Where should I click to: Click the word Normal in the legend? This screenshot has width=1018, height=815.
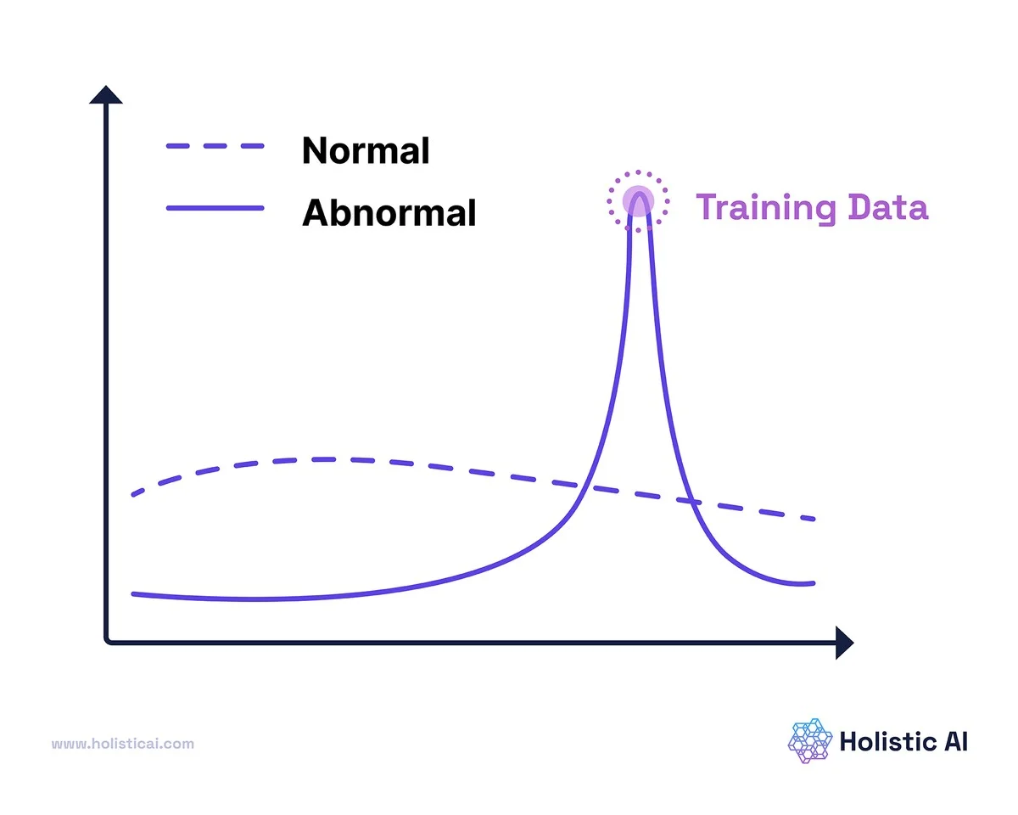tap(365, 150)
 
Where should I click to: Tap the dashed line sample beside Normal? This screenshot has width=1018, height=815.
tap(215, 146)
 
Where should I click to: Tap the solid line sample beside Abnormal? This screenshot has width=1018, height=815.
tap(215, 208)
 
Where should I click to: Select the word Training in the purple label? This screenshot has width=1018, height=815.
tap(766, 208)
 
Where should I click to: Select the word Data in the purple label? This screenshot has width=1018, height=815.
tap(888, 207)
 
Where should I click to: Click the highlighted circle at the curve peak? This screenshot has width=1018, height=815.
tap(638, 201)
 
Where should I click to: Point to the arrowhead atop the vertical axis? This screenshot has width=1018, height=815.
tap(106, 94)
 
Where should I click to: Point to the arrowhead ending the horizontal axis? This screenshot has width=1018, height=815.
tap(844, 643)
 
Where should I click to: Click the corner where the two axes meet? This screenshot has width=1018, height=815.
tap(106, 642)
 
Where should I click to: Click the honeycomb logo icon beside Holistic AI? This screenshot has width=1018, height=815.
tap(810, 741)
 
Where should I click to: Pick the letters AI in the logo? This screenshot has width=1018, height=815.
tap(956, 742)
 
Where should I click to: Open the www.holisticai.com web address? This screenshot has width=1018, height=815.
tap(123, 744)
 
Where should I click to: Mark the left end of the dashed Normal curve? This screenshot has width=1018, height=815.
tap(133, 495)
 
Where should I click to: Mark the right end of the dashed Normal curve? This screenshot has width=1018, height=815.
tap(814, 519)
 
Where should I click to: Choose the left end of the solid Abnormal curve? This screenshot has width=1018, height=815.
tap(133, 594)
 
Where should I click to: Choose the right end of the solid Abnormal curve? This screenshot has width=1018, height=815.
tap(814, 583)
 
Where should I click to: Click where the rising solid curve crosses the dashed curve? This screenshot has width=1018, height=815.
tap(585, 486)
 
